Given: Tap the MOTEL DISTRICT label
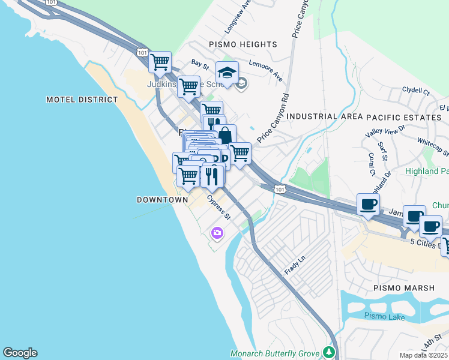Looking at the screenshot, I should (82, 100).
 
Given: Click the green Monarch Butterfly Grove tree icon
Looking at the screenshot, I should (328, 352).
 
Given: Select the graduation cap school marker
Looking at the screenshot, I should (227, 73).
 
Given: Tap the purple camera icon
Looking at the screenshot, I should (216, 233).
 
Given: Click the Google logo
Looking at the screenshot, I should (20, 353).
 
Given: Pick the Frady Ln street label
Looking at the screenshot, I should (295, 264).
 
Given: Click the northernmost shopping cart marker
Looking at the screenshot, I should (160, 61).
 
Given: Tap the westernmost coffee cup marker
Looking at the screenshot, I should (368, 204).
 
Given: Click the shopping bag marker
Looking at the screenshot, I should (224, 134).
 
